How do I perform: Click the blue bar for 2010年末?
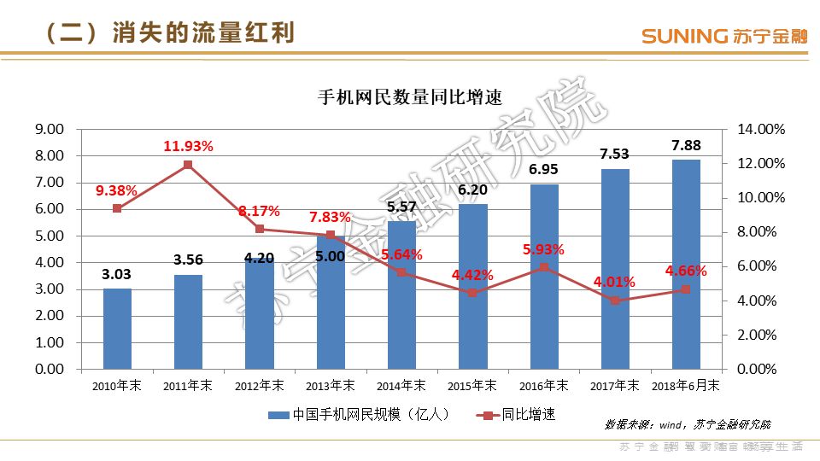[x=117, y=329]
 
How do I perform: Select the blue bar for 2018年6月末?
[x=686, y=265]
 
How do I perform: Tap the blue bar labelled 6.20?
[x=472, y=286]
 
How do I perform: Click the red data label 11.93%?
[x=188, y=146]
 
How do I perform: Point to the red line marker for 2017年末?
[x=615, y=301]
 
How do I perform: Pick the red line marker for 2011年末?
[x=188, y=165]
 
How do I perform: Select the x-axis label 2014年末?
[x=401, y=385]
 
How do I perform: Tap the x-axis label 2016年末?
[x=543, y=385]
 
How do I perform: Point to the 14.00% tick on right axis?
[x=761, y=129]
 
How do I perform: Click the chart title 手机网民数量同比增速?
[x=409, y=96]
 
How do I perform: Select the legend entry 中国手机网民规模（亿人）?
[x=359, y=415]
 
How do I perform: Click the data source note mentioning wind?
[x=688, y=423]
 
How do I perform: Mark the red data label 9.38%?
[x=117, y=190]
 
